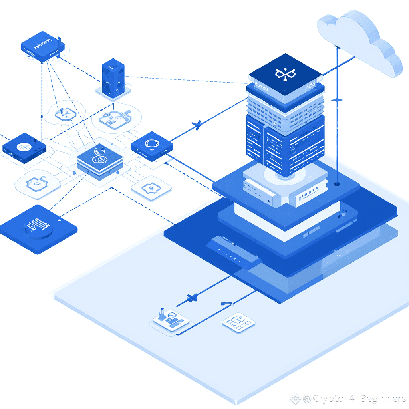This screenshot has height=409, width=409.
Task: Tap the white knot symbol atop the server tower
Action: click(x=285, y=73)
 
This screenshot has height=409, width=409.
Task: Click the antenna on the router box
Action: click(x=58, y=42)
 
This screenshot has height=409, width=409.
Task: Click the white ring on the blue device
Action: click(x=152, y=144)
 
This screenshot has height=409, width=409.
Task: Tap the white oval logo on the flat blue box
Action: click(x=22, y=147)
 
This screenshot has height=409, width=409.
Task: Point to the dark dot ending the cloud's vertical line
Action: click(x=337, y=184)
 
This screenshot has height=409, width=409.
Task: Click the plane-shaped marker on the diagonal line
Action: click(x=196, y=126)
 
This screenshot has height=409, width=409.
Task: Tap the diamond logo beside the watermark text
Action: click(x=295, y=398)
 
